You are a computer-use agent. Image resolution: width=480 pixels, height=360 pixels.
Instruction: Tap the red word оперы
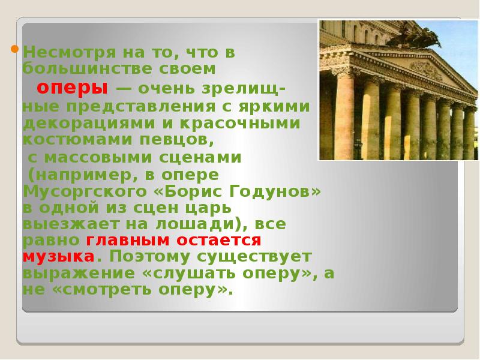[73, 88]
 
